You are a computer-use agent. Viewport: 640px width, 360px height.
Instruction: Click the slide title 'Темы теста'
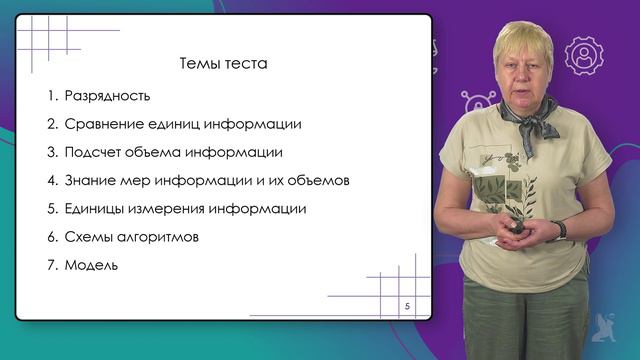tap(223, 64)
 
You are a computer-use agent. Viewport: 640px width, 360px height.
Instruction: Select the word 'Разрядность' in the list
tap(107, 97)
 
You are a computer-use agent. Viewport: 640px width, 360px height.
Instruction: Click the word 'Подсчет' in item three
tap(91, 153)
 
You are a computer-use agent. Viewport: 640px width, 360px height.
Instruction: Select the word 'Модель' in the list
tap(91, 265)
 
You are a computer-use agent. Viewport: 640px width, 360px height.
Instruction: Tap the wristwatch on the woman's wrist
tap(561, 229)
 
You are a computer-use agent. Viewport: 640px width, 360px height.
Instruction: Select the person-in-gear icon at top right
tap(582, 56)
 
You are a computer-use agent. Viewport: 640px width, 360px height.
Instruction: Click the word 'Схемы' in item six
tap(87, 237)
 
